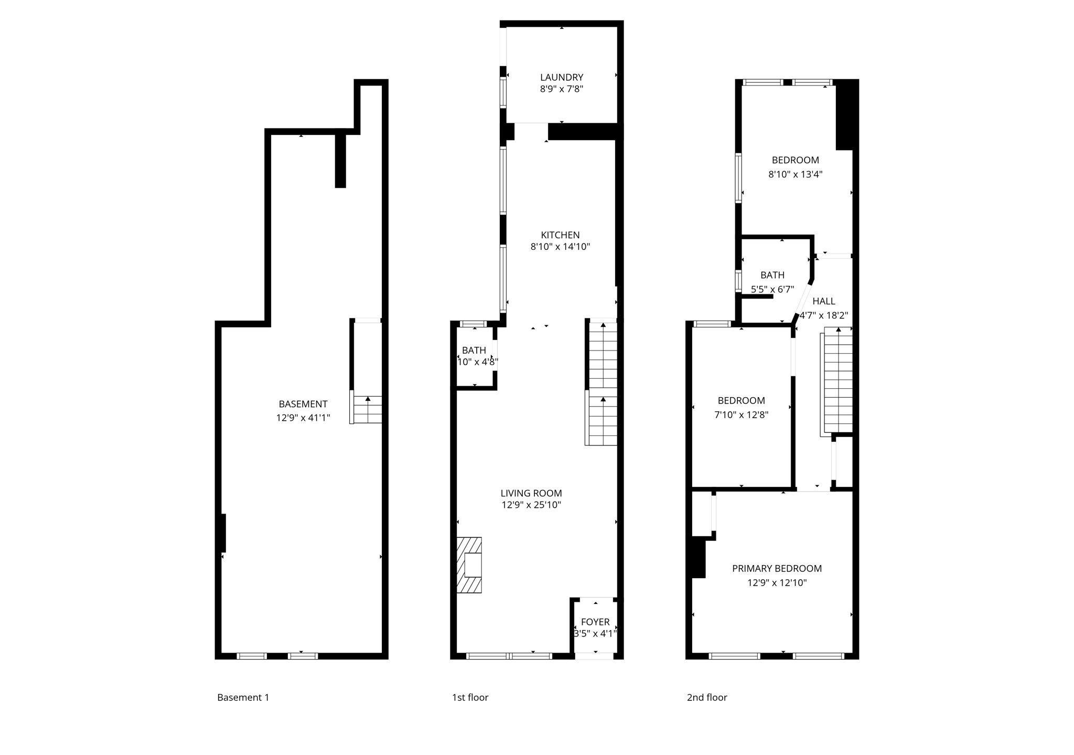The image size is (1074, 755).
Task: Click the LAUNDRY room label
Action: click(x=561, y=77)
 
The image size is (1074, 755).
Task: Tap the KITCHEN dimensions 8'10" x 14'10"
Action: click(x=560, y=247)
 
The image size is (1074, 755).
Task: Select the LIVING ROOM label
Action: click(x=531, y=493)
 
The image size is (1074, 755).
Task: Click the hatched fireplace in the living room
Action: click(x=469, y=565)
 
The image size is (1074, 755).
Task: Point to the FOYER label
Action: click(x=595, y=622)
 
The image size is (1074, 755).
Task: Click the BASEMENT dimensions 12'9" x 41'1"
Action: click(x=303, y=418)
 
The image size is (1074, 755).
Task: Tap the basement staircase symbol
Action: click(x=367, y=410)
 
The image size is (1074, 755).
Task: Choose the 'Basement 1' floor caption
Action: click(x=243, y=697)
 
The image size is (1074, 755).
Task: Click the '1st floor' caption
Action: click(x=470, y=697)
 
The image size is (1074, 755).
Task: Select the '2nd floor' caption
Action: click(x=706, y=697)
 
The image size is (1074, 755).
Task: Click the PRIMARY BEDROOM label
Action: click(x=776, y=568)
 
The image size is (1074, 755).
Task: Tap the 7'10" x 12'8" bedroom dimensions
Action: click(x=741, y=414)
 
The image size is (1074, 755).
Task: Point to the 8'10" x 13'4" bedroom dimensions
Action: click(x=795, y=174)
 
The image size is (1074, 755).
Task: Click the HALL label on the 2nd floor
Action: click(x=823, y=301)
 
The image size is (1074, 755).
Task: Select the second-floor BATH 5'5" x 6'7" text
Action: click(x=772, y=289)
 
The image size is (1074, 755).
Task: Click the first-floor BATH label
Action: click(x=474, y=350)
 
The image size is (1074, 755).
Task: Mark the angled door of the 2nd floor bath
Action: click(x=804, y=302)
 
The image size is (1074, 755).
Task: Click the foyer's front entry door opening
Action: click(x=594, y=656)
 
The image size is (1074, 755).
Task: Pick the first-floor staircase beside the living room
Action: click(x=602, y=383)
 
